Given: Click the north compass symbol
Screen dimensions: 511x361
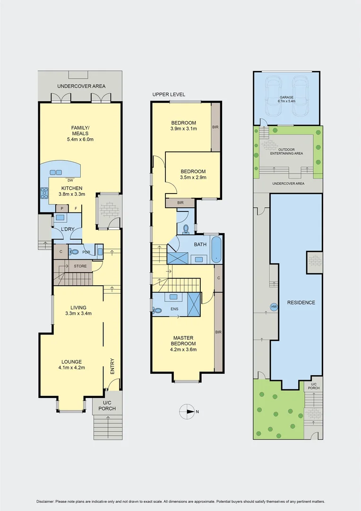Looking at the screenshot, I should click(x=188, y=411).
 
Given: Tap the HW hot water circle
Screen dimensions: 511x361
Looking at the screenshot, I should click(x=274, y=307).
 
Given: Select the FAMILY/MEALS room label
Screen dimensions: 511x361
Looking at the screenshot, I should click(x=80, y=133).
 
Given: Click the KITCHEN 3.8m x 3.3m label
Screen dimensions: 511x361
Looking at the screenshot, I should click(x=70, y=191).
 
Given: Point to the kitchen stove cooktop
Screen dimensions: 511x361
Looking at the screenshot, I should click(x=45, y=193).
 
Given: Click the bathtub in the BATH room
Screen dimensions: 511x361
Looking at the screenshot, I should click(x=216, y=249).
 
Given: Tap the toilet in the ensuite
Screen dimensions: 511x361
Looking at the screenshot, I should click(x=157, y=310).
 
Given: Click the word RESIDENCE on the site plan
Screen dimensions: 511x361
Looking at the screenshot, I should click(x=301, y=302).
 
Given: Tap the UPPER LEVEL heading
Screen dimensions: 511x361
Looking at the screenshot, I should click(x=169, y=95).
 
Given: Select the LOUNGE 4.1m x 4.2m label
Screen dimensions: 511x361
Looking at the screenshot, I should click(x=71, y=364).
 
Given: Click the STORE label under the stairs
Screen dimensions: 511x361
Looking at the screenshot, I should click(x=80, y=266).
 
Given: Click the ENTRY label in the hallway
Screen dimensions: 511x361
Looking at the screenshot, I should click(x=112, y=367).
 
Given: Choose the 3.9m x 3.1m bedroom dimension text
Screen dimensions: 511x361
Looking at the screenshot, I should click(x=183, y=129).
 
